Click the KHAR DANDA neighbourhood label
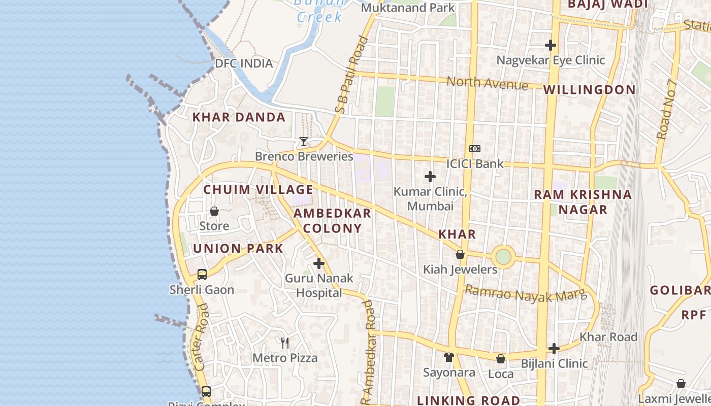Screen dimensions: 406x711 click(239, 117)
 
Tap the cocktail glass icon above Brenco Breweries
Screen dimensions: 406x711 click(304, 141)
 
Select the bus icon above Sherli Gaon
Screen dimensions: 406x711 click(202, 275)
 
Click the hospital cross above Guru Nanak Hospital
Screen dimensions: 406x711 click(319, 263)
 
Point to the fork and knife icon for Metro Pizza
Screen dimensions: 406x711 click(285, 343)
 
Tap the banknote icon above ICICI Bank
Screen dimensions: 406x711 click(475, 149)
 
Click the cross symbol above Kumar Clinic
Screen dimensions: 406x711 click(430, 177)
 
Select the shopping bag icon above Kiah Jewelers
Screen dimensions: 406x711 click(460, 254)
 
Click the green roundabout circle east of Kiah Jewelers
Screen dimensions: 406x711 click(503, 257)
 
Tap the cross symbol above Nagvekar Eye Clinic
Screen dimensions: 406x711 click(551, 45)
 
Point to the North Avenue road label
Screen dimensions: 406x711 click(487, 83)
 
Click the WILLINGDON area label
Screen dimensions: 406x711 click(589, 90)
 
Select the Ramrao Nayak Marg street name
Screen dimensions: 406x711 click(526, 294)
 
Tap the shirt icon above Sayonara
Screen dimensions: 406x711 click(448, 357)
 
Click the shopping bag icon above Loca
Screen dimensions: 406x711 click(501, 359)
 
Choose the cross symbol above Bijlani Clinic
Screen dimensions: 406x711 click(554, 349)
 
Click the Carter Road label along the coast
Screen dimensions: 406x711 click(201, 337)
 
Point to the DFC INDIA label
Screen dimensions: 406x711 click(244, 63)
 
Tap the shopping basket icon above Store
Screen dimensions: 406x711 click(214, 211)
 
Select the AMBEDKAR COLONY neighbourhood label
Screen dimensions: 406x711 click(332, 221)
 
